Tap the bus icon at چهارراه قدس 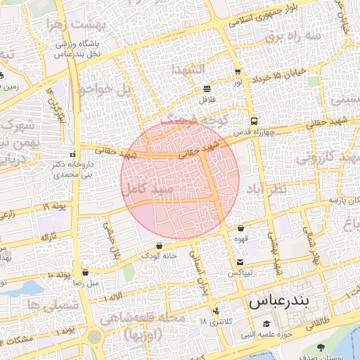253,120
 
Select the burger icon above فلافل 207,89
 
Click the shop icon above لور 238,72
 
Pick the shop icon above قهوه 241,228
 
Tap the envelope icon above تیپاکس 240,262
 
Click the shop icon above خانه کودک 159,245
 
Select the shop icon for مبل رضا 85,272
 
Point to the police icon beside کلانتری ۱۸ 216,310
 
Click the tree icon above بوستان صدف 321,347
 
